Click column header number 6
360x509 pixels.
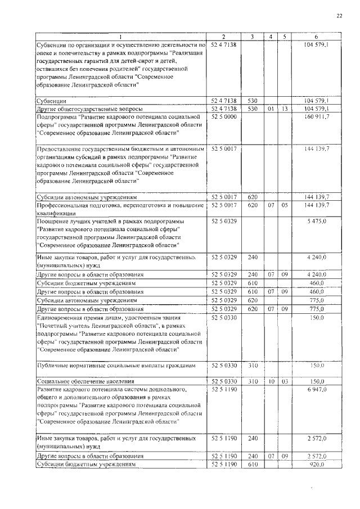[316, 37]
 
